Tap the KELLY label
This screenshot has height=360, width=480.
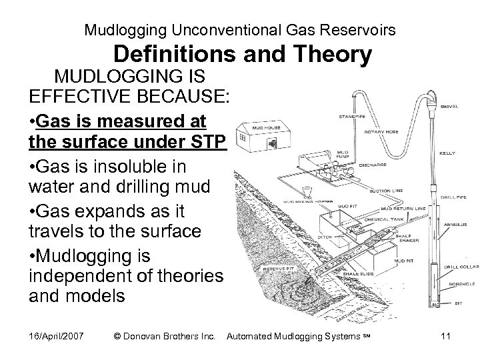coord(447,153)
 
